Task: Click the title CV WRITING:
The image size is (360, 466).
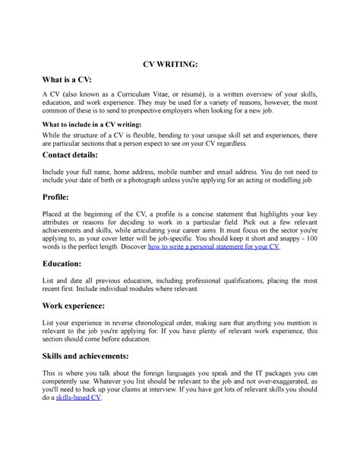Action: tap(180, 66)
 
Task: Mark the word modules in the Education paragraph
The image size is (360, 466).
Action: tap(146, 289)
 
